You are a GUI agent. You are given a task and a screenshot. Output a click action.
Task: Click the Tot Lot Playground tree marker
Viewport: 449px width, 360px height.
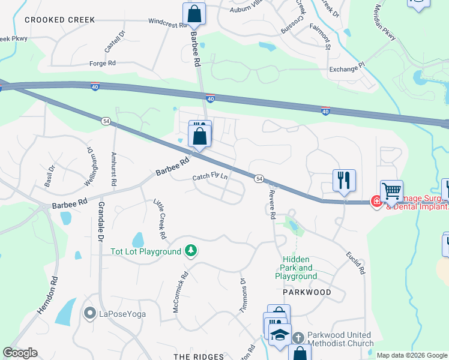click(x=191, y=251)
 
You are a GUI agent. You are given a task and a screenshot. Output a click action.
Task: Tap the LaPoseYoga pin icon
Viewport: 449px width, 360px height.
click(x=90, y=313)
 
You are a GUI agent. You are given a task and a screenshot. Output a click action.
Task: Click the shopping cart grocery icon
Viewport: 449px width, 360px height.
click(x=391, y=191)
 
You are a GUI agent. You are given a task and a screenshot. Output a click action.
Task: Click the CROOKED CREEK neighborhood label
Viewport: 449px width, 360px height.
click(x=59, y=20)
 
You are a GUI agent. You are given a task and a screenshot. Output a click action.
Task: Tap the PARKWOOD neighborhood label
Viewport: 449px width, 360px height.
click(x=307, y=292)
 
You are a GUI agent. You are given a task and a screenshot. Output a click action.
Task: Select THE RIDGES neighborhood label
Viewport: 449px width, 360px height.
click(x=198, y=356)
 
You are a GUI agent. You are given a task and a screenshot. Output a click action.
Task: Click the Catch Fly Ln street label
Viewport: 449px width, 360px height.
click(x=210, y=177)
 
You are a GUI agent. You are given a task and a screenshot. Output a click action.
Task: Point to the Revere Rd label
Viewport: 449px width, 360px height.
click(x=272, y=203)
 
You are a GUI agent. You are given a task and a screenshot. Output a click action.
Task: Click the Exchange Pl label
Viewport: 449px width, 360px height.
click(x=346, y=69)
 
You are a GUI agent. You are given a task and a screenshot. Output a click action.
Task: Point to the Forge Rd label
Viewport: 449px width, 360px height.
click(x=102, y=63)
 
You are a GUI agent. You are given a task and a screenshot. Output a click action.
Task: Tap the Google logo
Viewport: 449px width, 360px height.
click(x=20, y=353)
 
